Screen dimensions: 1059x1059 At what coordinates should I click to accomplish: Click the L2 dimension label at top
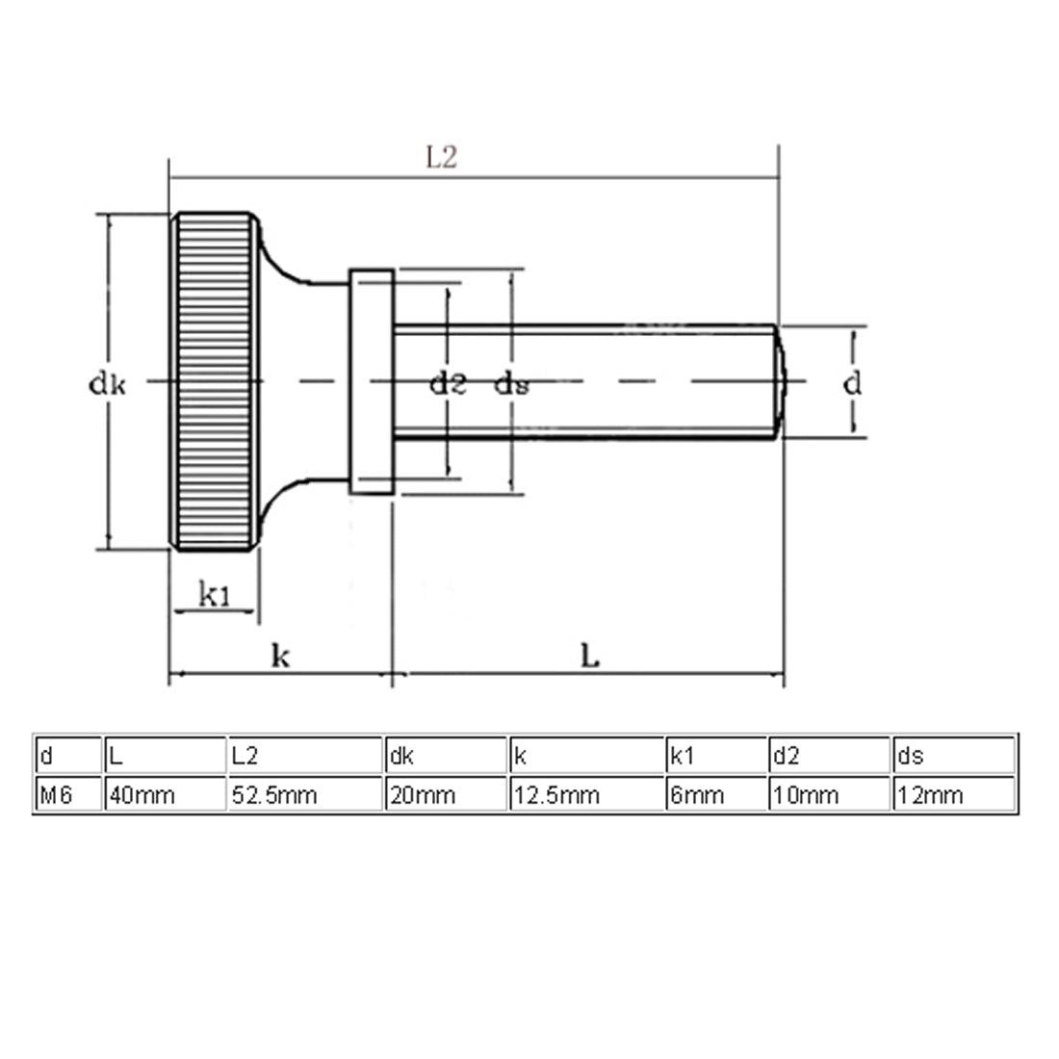click(442, 158)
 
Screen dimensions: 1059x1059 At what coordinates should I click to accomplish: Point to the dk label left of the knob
click(107, 384)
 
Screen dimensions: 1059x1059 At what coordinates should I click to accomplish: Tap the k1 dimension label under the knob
click(214, 596)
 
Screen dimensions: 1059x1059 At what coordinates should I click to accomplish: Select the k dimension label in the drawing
click(280, 657)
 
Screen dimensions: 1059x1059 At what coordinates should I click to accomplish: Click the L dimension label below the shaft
click(590, 657)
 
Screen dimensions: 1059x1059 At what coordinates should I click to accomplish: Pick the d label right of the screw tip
click(852, 384)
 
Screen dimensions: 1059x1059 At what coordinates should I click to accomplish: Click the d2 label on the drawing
click(448, 384)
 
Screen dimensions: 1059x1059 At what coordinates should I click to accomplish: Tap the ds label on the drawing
click(511, 385)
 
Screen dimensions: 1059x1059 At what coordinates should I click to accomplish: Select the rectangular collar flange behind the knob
click(372, 383)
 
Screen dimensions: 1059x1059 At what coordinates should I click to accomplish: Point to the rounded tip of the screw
click(781, 382)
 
